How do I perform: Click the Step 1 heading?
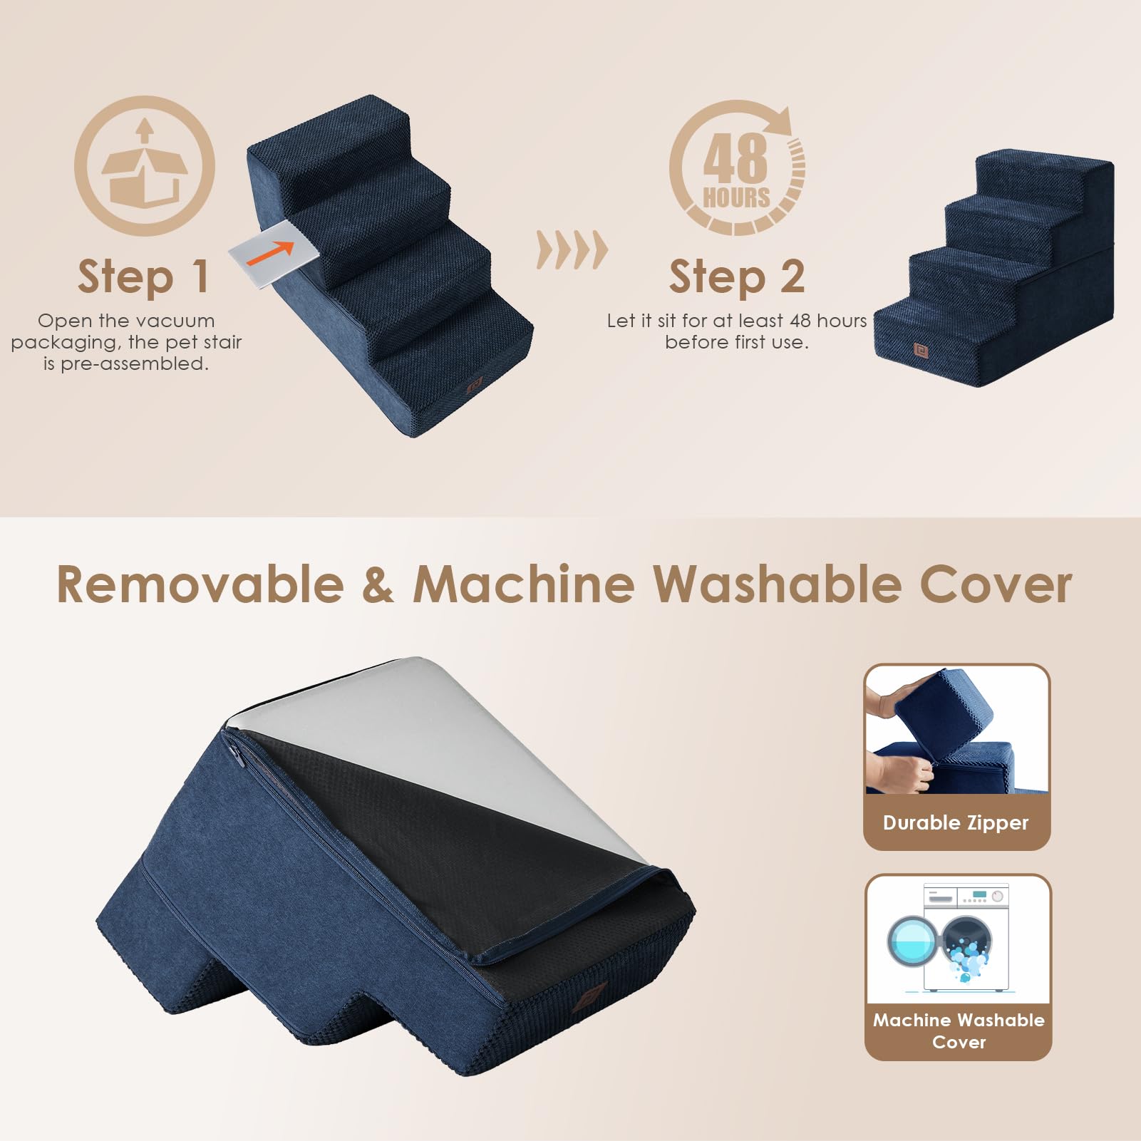click(143, 277)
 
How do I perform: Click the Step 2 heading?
click(736, 277)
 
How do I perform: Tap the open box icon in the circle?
click(145, 166)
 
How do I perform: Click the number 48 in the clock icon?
click(735, 158)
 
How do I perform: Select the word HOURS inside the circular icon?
click(736, 197)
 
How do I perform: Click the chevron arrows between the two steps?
click(572, 250)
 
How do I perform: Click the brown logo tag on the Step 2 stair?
click(919, 350)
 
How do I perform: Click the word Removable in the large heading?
click(200, 584)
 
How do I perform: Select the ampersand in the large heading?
click(378, 584)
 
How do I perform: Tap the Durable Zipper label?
click(956, 822)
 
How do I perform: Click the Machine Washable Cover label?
click(958, 1031)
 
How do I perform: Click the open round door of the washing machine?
click(912, 941)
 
